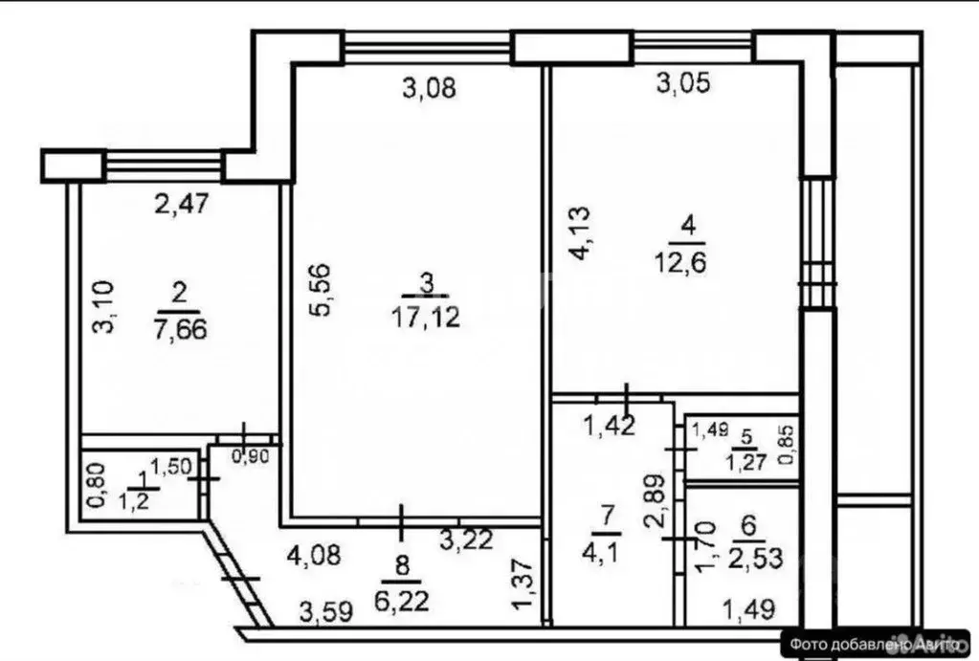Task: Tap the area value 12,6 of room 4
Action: click(688, 259)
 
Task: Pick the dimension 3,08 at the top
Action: click(428, 89)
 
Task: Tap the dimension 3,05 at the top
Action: click(683, 84)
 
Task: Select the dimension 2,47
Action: click(182, 203)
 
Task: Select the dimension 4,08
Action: click(314, 553)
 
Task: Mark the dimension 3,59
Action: click(325, 609)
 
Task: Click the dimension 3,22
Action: click(465, 541)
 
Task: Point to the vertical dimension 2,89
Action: click(653, 501)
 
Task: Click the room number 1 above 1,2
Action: click(143, 479)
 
